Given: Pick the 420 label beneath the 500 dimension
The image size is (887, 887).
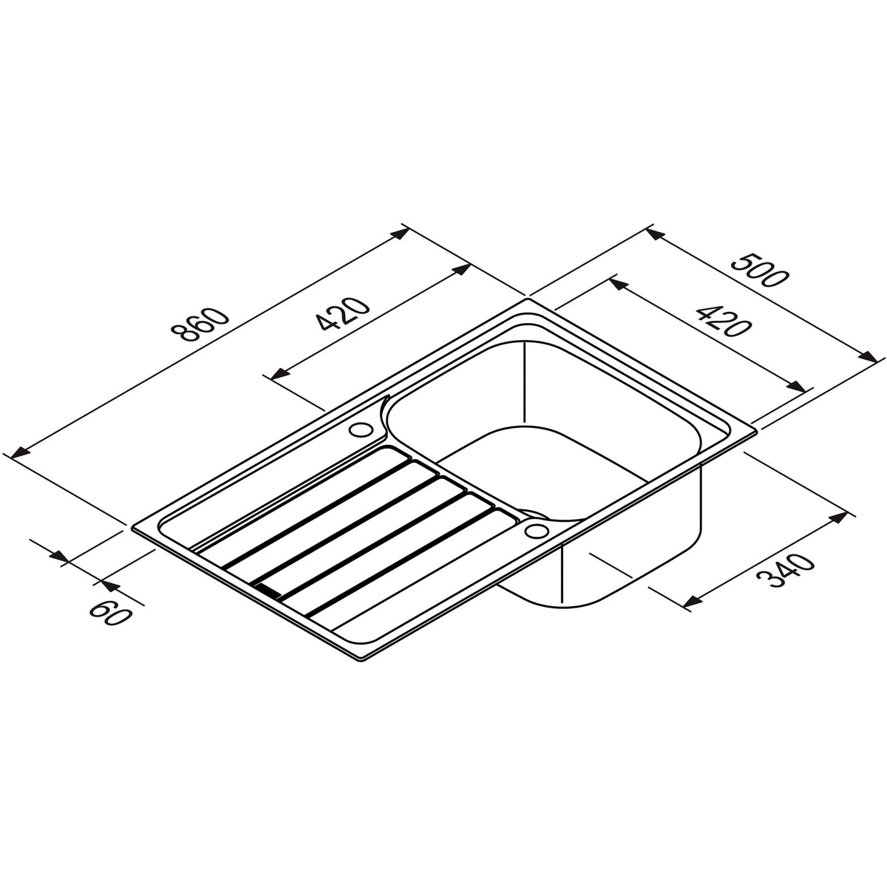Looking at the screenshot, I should [714, 318].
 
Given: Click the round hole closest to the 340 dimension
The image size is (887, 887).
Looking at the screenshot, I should [534, 531].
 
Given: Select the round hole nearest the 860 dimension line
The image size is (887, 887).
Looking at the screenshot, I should [362, 429].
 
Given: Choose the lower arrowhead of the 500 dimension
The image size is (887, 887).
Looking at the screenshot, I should [866, 354].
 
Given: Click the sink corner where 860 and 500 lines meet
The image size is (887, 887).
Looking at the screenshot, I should [527, 299].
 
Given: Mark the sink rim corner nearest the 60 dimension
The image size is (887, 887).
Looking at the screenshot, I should [134, 529].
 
